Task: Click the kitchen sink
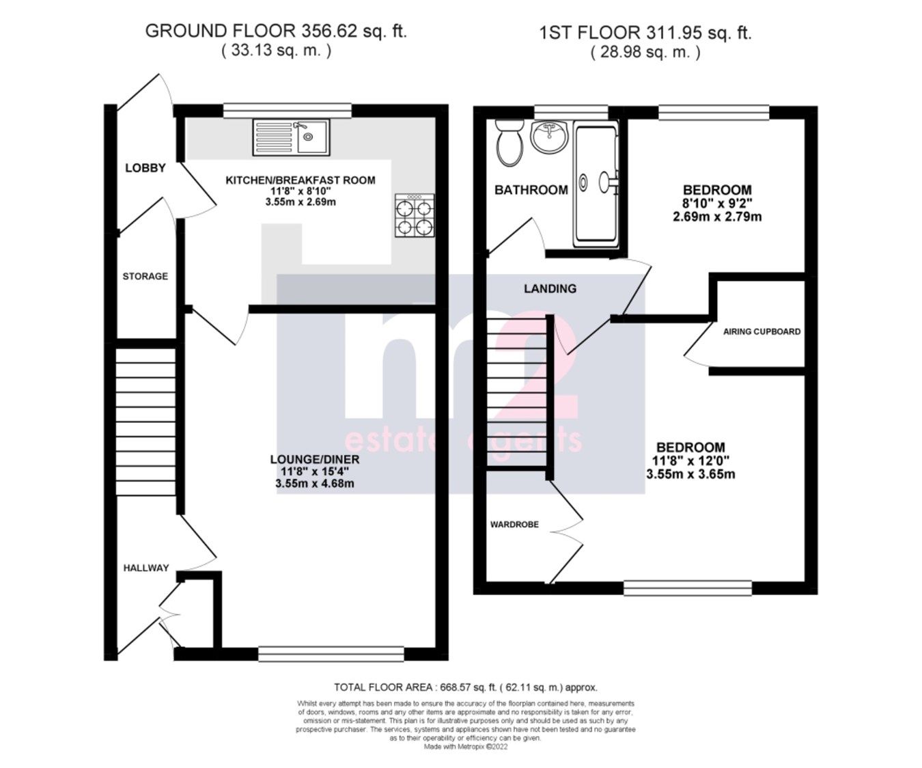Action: click(291, 137)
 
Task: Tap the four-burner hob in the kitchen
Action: click(415, 216)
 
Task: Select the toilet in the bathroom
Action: click(508, 141)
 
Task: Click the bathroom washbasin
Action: click(550, 137)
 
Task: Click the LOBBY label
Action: click(145, 168)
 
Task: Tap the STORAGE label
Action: click(145, 276)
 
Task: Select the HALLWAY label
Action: click(145, 568)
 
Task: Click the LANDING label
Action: click(550, 288)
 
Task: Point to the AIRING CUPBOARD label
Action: click(762, 331)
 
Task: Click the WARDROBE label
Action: click(514, 525)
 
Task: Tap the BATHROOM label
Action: click(531, 190)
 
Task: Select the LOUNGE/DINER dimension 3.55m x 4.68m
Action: click(310, 484)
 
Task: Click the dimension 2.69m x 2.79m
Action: click(717, 217)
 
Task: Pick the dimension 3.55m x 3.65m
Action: click(690, 474)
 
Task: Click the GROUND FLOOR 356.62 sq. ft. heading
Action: click(276, 31)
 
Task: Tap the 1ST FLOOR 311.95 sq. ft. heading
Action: click(645, 32)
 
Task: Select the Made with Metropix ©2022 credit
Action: click(466, 747)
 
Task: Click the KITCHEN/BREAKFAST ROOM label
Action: click(301, 180)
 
